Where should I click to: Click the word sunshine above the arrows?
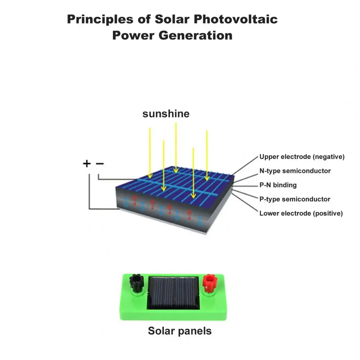point(166,114)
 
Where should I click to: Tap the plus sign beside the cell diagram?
point(87,164)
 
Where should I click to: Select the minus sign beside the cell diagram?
point(100,164)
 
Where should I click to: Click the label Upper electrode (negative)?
point(302,157)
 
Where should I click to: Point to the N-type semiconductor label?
point(295,171)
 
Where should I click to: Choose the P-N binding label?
point(278,185)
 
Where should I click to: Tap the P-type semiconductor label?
point(295,199)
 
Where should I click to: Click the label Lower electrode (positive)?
point(301,213)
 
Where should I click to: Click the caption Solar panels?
point(180,331)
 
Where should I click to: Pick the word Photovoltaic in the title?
point(236,19)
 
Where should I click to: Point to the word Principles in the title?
point(99,19)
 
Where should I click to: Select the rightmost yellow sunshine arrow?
point(207,155)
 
